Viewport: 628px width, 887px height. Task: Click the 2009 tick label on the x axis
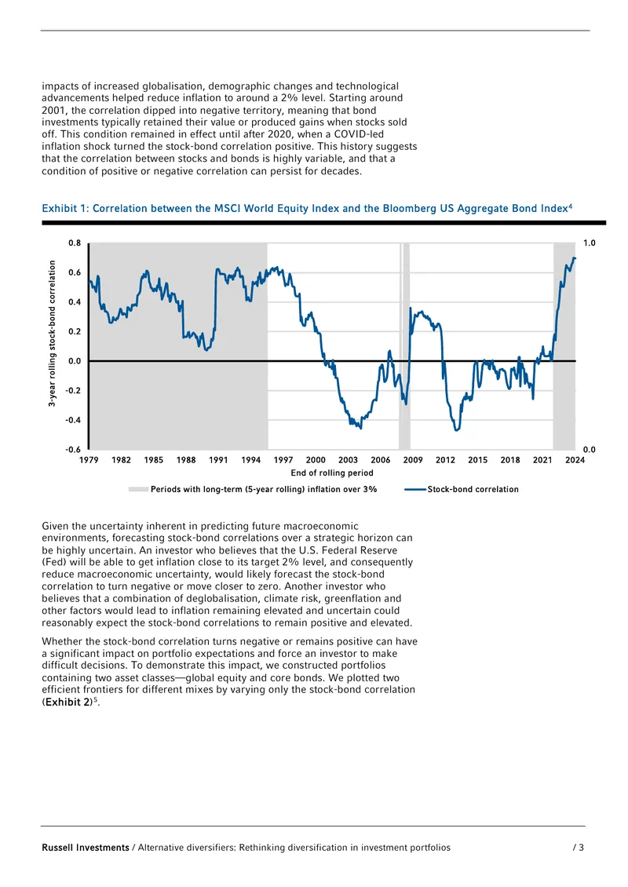[x=413, y=460]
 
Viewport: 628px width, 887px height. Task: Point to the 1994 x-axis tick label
[x=250, y=460]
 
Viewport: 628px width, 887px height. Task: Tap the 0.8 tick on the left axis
[x=75, y=243]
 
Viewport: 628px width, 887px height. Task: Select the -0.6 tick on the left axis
[x=73, y=450]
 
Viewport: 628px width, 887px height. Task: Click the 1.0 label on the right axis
[x=589, y=243]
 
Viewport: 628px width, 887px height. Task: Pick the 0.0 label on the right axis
[x=589, y=450]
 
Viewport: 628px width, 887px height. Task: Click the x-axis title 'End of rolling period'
[x=332, y=473]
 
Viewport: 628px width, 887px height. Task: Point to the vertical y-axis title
[x=52, y=333]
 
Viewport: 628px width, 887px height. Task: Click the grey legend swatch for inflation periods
[x=138, y=489]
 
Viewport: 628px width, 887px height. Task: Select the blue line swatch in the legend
[x=415, y=489]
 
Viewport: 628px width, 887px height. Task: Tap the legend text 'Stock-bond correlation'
[x=473, y=489]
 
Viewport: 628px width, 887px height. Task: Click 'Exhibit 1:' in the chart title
[x=66, y=208]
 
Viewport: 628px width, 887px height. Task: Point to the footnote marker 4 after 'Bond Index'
[x=570, y=206]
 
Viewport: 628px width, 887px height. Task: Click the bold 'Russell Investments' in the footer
[x=86, y=848]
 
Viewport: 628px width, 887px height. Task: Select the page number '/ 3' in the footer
[x=579, y=848]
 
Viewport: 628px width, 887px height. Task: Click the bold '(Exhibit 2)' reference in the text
[x=68, y=702]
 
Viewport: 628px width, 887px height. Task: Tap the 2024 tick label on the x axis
[x=575, y=460]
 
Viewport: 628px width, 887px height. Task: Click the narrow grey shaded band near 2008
[x=404, y=346]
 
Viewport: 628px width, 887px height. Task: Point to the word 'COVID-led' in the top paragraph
[x=359, y=134]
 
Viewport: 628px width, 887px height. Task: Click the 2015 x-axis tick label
[x=477, y=460]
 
